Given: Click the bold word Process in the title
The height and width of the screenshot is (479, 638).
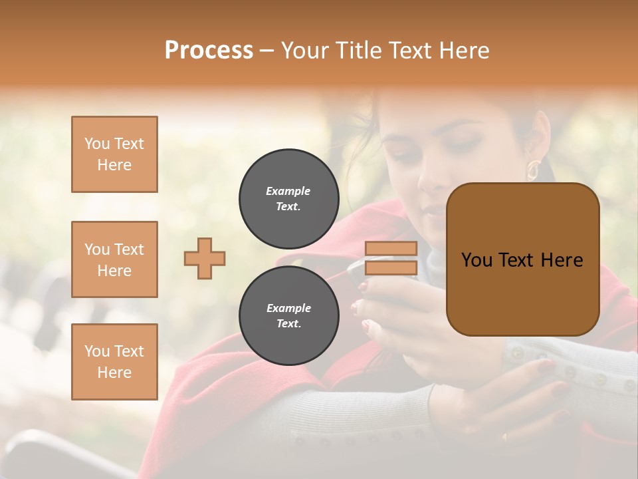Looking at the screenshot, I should (209, 51).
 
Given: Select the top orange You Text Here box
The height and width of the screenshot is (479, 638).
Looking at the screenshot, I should (114, 154).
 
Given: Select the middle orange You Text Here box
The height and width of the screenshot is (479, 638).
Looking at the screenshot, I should (114, 259).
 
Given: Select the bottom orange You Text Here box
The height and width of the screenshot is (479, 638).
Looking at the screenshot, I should (114, 361).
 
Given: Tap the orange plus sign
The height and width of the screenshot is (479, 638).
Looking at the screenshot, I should (205, 258).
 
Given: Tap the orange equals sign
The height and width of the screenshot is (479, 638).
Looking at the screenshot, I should (391, 258).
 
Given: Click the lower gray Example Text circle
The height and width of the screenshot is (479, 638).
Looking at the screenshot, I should (288, 315).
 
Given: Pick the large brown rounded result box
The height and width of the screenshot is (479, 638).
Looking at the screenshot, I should (522, 259).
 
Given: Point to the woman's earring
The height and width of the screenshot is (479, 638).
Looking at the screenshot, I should (533, 170).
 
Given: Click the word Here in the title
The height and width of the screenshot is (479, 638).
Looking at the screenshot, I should (464, 51).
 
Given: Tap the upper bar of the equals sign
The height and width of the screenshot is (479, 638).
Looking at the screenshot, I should (391, 249).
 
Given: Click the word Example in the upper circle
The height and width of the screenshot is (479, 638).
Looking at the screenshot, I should (288, 191).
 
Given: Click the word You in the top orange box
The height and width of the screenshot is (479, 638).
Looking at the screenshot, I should (97, 144).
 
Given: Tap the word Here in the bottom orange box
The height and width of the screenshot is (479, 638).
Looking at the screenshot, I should (114, 373).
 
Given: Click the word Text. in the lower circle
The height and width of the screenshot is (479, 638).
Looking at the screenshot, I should (288, 323).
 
